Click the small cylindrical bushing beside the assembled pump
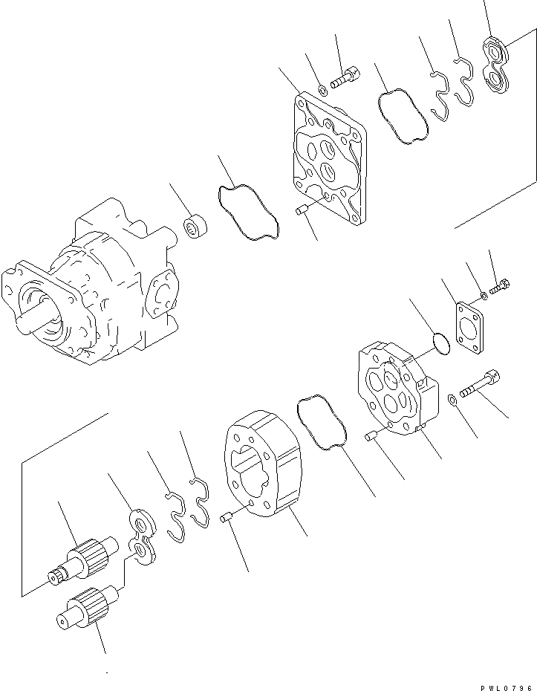pyautogui.click(x=196, y=227)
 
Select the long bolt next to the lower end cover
pyautogui.click(x=479, y=385)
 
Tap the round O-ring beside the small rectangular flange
pyautogui.click(x=440, y=344)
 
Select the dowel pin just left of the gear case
pyautogui.click(x=228, y=517)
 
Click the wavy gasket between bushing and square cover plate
pyautogui.click(x=247, y=213)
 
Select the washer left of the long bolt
pyautogui.click(x=452, y=402)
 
